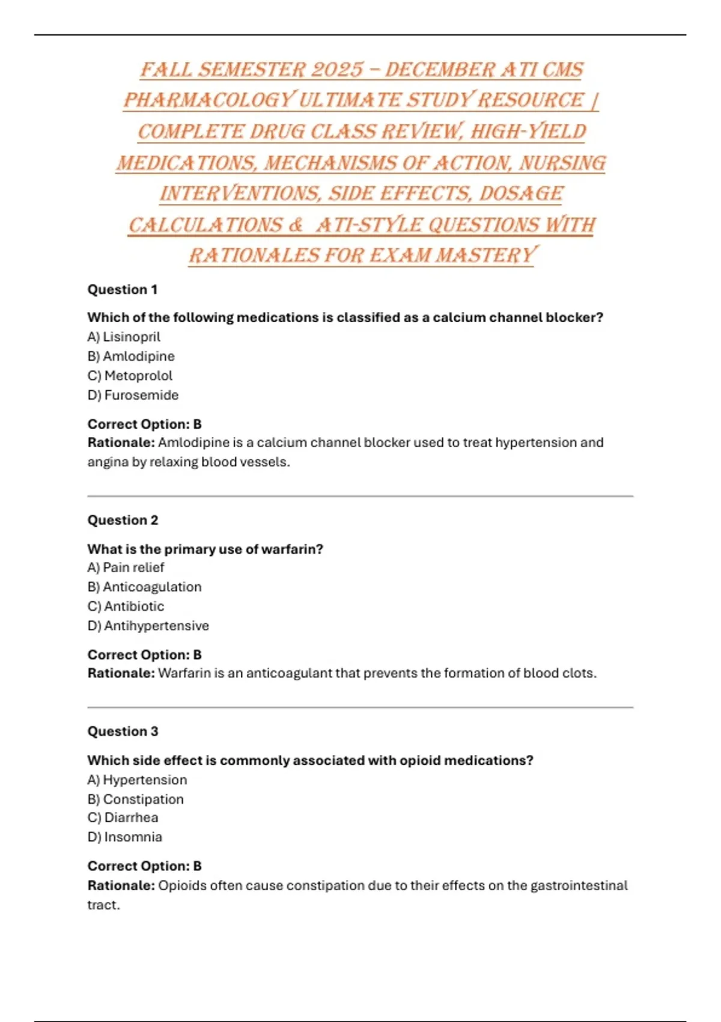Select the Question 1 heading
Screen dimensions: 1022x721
click(x=123, y=290)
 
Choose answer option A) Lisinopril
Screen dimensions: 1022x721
click(x=124, y=337)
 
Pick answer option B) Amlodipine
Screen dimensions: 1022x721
click(x=131, y=356)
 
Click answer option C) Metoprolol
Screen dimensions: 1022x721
click(x=130, y=376)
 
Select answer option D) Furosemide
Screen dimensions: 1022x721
click(x=133, y=395)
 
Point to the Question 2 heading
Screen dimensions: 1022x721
click(x=123, y=520)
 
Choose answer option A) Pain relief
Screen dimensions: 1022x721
click(x=126, y=568)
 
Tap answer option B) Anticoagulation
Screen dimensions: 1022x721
click(x=144, y=587)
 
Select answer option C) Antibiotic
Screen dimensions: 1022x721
click(x=126, y=606)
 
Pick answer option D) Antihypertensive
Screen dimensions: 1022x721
click(x=148, y=626)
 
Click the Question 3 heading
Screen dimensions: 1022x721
click(x=123, y=732)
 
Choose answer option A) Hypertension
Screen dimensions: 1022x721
click(x=137, y=780)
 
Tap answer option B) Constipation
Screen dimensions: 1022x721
click(x=136, y=799)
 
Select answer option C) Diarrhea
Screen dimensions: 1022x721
click(x=123, y=818)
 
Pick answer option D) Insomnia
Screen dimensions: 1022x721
click(x=125, y=837)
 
